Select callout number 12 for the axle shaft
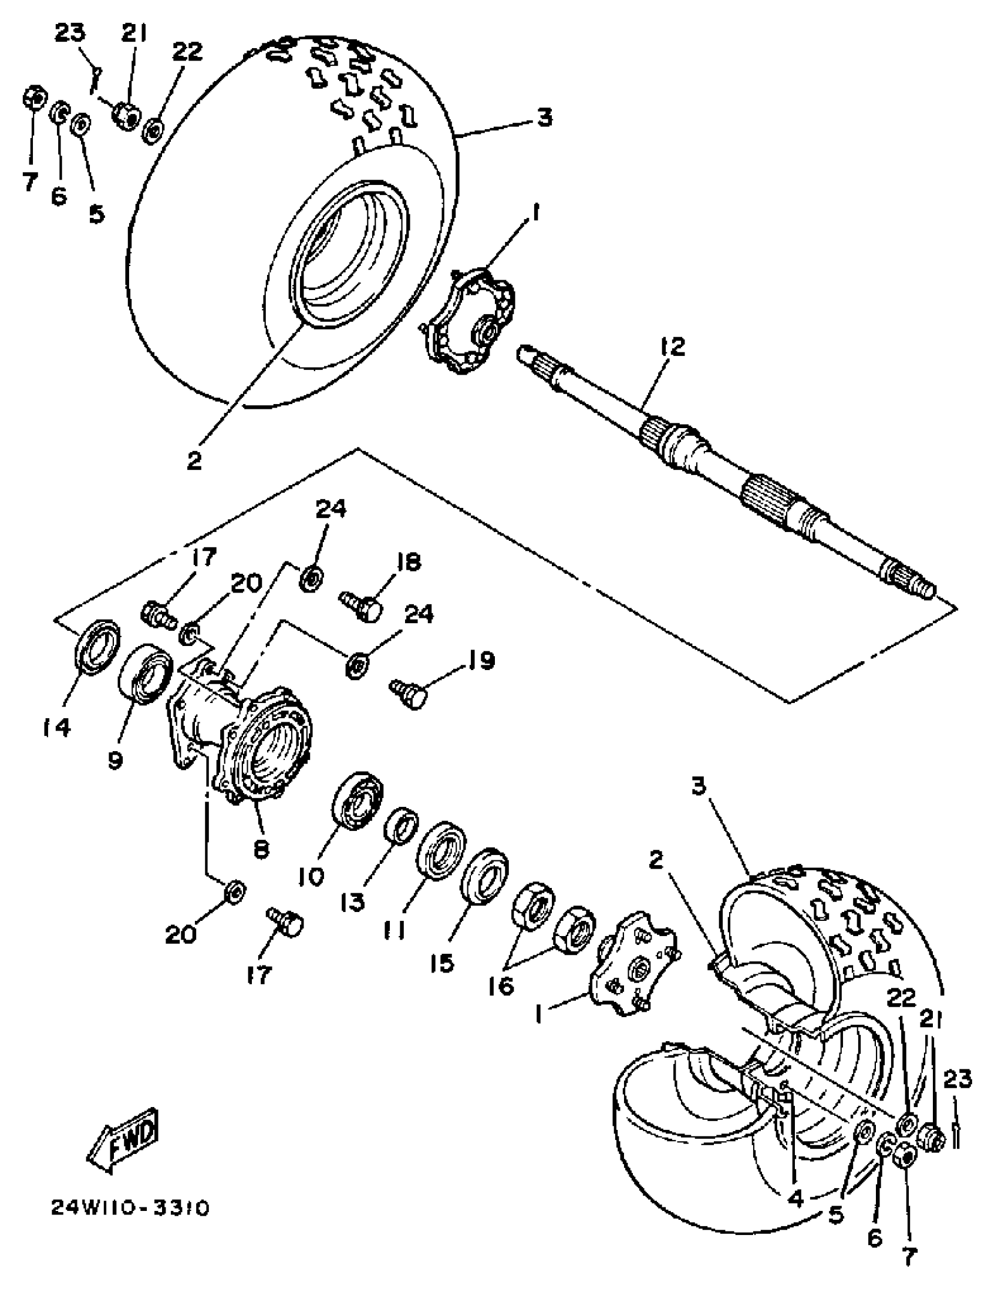pyautogui.click(x=674, y=346)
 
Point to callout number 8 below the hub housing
pyautogui.click(x=261, y=849)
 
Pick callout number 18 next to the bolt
pyautogui.click(x=409, y=563)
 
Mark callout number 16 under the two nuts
pyautogui.click(x=501, y=985)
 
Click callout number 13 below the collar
pyautogui.click(x=353, y=903)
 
